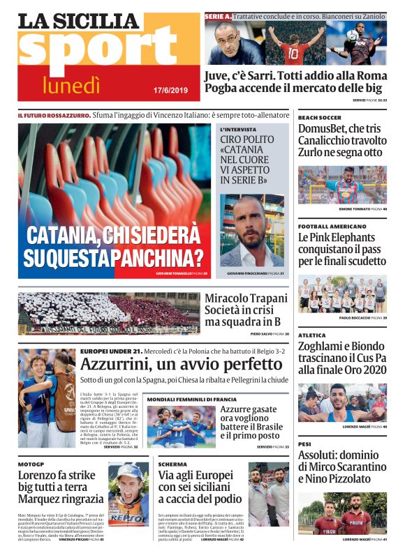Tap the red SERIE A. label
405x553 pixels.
click(x=218, y=15)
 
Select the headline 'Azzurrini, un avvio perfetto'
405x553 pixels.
click(x=181, y=364)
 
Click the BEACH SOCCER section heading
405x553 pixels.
click(x=320, y=118)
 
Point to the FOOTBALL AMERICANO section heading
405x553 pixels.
click(x=332, y=227)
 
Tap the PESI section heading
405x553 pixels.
click(x=304, y=444)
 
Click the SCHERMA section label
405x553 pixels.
click(x=172, y=464)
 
